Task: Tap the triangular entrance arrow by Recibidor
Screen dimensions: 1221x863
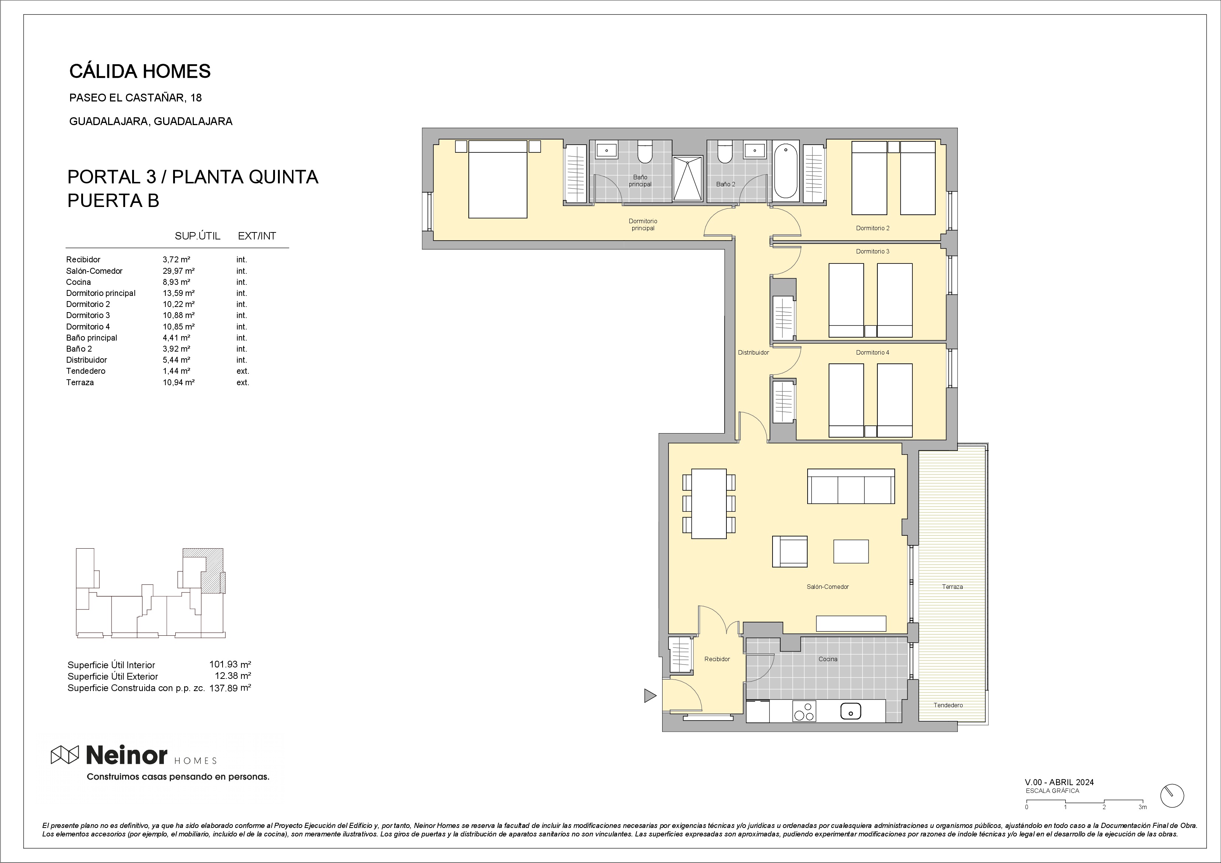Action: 650,695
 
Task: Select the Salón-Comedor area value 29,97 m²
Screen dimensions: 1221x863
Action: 179,271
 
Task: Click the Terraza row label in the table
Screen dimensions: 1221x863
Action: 80,382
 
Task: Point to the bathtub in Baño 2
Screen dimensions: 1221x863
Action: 785,171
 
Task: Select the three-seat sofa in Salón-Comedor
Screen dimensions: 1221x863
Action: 851,486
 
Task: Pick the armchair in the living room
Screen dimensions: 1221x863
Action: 790,551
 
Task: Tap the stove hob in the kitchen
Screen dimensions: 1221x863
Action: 804,711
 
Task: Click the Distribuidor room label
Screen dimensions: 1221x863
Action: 753,352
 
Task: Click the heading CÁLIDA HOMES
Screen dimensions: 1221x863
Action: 140,71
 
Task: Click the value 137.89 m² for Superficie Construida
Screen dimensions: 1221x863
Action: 230,687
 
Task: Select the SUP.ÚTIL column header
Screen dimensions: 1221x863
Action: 197,236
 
